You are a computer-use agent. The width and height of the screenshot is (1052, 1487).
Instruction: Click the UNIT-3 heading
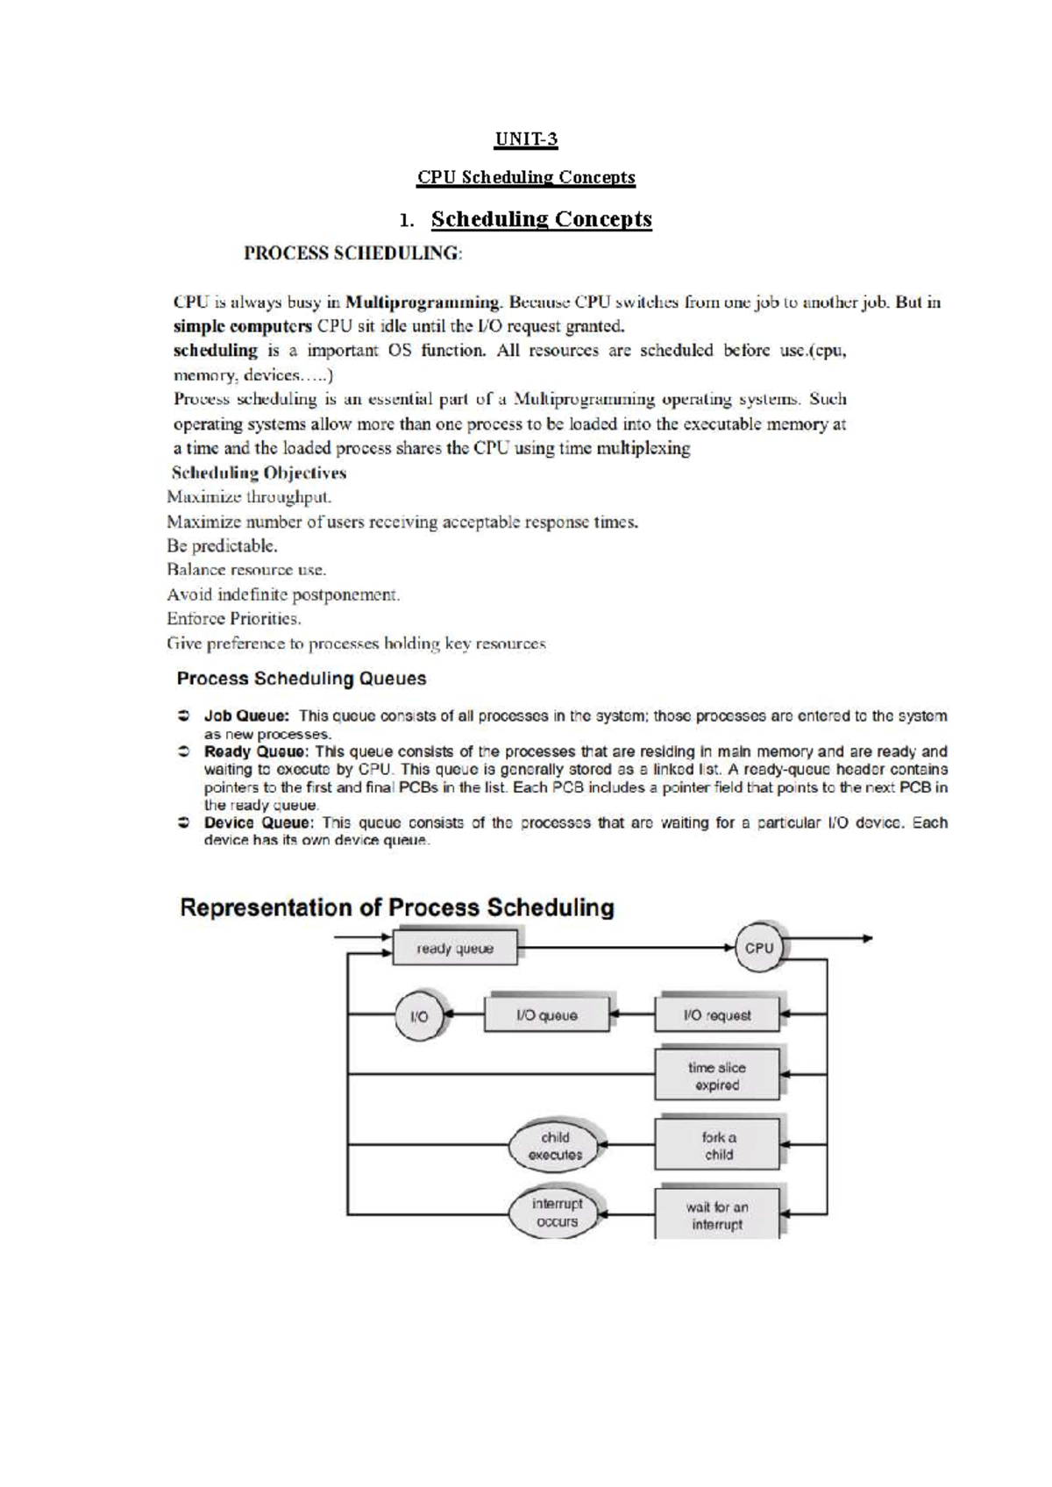tap(526, 139)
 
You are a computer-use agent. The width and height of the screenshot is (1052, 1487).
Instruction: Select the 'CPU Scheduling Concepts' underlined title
tap(526, 177)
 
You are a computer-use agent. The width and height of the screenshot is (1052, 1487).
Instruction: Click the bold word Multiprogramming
tap(423, 302)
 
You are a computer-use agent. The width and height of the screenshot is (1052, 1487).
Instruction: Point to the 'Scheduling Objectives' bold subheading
tap(259, 473)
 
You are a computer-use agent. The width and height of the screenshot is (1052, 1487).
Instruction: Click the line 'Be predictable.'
tap(222, 546)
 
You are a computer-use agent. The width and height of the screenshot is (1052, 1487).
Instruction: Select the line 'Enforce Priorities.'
tap(234, 619)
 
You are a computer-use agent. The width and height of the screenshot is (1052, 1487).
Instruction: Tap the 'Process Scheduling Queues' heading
tap(302, 679)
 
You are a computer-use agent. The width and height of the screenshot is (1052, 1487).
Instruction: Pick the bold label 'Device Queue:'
tap(258, 822)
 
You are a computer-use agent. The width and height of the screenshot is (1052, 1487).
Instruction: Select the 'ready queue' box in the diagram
tap(454, 949)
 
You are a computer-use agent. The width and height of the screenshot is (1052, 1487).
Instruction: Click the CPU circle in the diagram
tap(758, 948)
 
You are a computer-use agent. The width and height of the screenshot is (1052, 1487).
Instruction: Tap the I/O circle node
tap(419, 1016)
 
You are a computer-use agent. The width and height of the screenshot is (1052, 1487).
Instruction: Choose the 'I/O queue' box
tap(546, 1015)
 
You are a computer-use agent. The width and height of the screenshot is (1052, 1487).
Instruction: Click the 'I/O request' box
tap(717, 1015)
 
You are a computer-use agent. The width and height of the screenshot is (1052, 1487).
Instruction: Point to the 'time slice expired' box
tap(717, 1076)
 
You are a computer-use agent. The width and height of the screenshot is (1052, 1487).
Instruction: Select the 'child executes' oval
tap(554, 1146)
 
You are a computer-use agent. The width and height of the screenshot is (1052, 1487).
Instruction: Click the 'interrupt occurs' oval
tap(556, 1213)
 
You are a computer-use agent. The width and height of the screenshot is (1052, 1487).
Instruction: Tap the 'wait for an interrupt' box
tap(717, 1215)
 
